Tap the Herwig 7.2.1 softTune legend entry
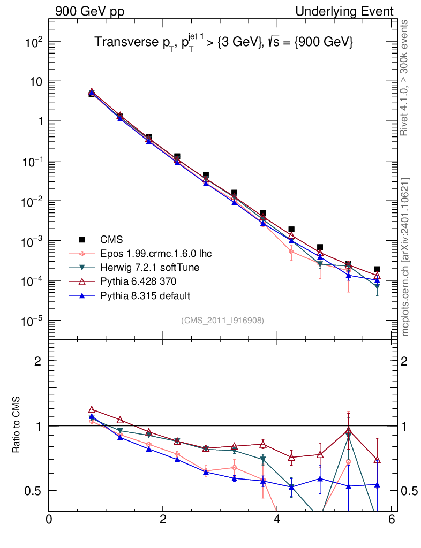pos(145,267)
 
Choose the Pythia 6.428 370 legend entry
pos(137,281)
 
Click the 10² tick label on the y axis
pos(33,42)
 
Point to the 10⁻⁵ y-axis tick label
pos(32,321)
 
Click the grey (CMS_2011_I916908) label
pos(222,320)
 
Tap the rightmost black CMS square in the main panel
pos(377,269)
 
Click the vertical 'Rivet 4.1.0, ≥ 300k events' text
pos(404,78)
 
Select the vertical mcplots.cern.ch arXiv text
pos(405,257)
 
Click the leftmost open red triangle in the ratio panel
pos(92,410)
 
